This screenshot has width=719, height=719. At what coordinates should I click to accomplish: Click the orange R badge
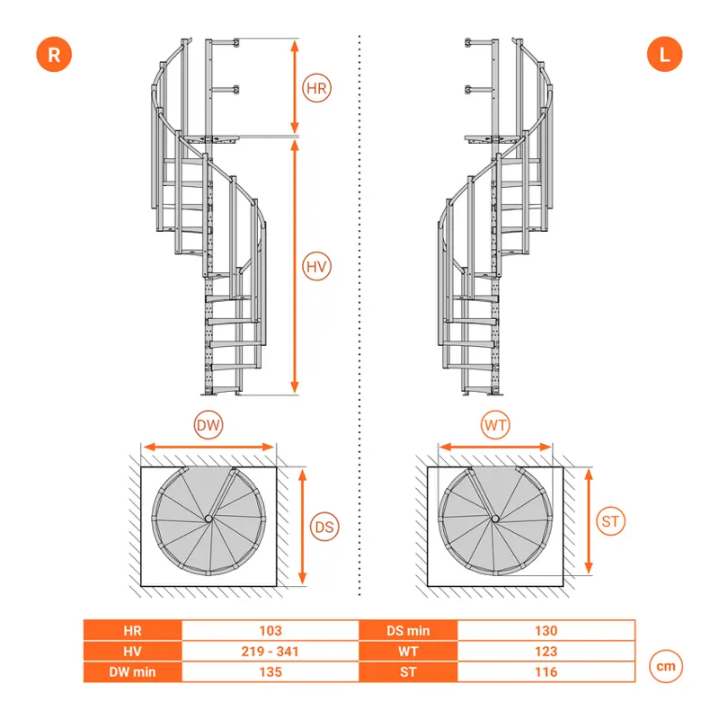(54, 55)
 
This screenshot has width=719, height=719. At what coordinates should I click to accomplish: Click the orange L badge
(664, 55)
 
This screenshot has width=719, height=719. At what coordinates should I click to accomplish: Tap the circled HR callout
(316, 88)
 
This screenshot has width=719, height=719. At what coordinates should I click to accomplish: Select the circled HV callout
(316, 266)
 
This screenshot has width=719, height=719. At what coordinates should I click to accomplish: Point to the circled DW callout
(209, 425)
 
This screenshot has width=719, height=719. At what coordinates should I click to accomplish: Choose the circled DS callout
(324, 527)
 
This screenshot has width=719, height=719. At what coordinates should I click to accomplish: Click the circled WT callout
(495, 425)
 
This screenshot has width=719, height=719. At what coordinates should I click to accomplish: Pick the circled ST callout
(610, 521)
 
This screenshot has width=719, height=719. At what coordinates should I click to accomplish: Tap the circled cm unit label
(666, 666)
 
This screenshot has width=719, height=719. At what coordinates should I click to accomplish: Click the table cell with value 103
(271, 631)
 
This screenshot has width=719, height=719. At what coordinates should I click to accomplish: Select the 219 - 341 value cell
(271, 651)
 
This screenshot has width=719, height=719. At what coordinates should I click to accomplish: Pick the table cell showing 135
(271, 671)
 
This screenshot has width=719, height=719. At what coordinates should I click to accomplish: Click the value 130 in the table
(546, 631)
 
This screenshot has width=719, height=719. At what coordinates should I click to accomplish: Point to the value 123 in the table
(546, 651)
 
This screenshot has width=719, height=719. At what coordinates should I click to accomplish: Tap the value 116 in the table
(546, 671)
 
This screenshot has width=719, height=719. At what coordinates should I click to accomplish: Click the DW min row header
(132, 671)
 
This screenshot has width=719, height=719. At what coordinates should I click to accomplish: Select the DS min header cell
(408, 631)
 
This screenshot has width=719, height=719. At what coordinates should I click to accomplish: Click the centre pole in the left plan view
(209, 519)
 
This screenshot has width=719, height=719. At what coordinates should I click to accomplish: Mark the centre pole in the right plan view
(495, 519)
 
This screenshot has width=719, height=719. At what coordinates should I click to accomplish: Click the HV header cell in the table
(132, 651)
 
